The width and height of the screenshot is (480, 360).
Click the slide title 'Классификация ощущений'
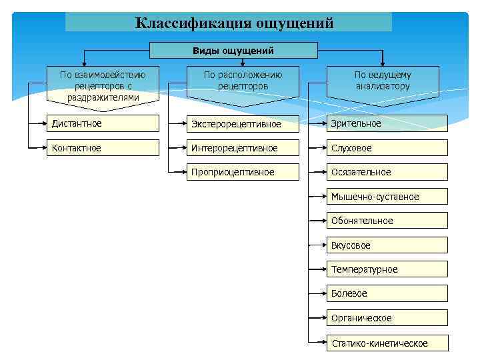coord(234,23)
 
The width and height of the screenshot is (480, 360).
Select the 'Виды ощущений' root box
coord(233,51)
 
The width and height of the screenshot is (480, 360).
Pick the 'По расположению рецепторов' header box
coord(243,81)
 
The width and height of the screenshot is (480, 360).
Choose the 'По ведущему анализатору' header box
coord(383,81)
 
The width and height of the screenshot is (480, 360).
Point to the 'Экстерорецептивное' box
coord(243,124)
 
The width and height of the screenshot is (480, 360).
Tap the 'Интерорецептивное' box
coord(243,148)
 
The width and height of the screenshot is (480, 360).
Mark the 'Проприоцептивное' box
coord(243,172)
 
